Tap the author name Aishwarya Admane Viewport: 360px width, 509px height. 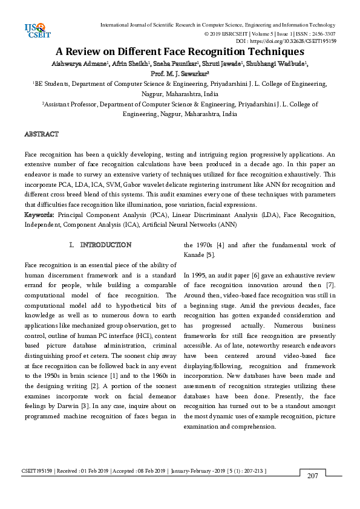(77, 63)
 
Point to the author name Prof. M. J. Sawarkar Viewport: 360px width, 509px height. (179, 74)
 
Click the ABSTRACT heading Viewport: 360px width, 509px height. (41, 134)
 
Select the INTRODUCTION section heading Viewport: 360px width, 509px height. (105, 245)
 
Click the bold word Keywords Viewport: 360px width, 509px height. (40, 215)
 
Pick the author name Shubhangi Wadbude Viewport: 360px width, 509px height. (280, 63)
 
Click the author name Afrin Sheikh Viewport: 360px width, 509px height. (126, 63)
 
